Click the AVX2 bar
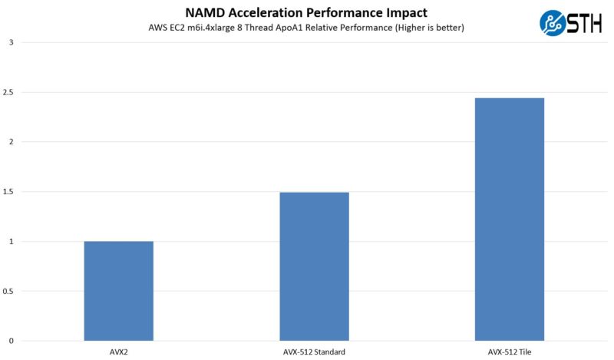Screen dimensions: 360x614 point(118,291)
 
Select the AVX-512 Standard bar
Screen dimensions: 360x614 point(314,266)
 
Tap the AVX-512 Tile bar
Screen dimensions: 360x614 point(509,220)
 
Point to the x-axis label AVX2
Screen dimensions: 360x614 point(119,352)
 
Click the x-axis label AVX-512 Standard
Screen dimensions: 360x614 point(314,352)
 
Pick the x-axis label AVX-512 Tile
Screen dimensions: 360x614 point(509,352)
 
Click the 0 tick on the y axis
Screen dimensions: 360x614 point(11,341)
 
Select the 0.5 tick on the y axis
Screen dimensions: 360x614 point(8,291)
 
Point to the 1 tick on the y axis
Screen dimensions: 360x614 point(11,241)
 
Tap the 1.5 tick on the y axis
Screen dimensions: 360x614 point(8,192)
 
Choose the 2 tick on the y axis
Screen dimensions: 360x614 point(11,142)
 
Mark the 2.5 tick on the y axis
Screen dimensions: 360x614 point(8,92)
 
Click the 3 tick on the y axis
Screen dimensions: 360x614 point(11,42)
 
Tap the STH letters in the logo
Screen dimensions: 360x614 point(585,22)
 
